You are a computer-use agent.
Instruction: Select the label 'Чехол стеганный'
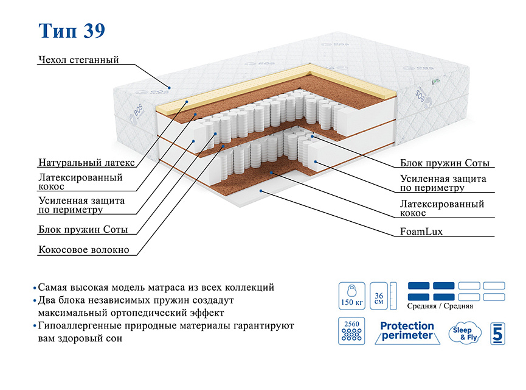(78, 60)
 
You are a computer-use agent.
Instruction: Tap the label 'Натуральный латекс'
(85, 163)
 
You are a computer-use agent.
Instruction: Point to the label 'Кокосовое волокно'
(83, 250)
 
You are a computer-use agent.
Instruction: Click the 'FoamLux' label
(421, 232)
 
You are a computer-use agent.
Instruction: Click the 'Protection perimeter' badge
(407, 331)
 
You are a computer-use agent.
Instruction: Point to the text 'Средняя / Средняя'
(440, 306)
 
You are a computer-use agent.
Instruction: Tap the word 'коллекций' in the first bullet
(252, 287)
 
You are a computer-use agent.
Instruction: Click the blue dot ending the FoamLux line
(261, 191)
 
